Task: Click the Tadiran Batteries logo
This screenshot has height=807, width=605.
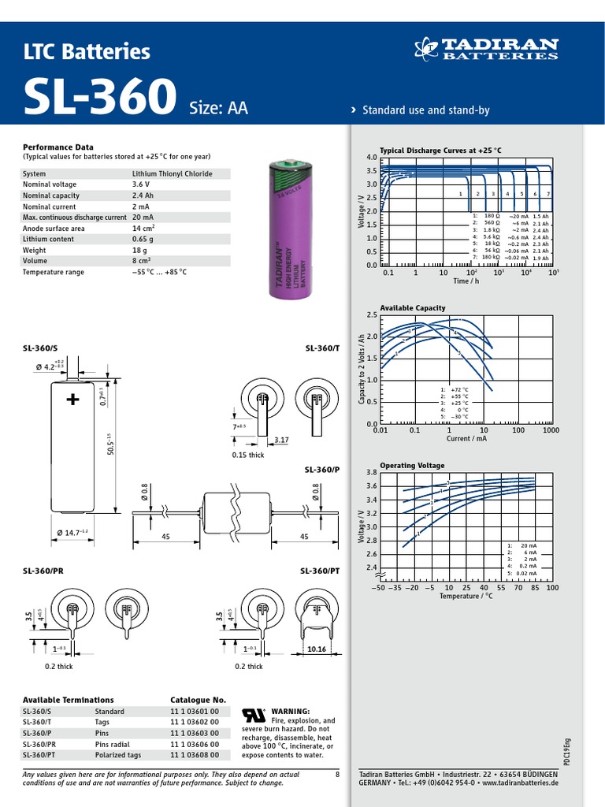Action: click(x=486, y=49)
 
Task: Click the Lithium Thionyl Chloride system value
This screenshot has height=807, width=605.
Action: click(x=172, y=173)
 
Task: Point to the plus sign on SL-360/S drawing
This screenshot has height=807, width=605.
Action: click(x=73, y=400)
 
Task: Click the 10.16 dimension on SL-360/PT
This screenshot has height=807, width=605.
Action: click(x=316, y=649)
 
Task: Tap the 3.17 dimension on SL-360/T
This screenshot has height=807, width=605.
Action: click(x=280, y=440)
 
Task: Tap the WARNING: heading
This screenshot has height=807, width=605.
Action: click(x=291, y=711)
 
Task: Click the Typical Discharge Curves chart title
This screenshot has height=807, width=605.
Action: click(x=440, y=150)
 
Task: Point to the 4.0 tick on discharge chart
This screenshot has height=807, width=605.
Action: click(x=372, y=158)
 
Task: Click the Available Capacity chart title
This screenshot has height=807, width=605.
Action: click(x=412, y=307)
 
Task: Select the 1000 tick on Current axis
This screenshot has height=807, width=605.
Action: click(x=550, y=430)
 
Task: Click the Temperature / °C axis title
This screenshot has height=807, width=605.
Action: click(x=466, y=596)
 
